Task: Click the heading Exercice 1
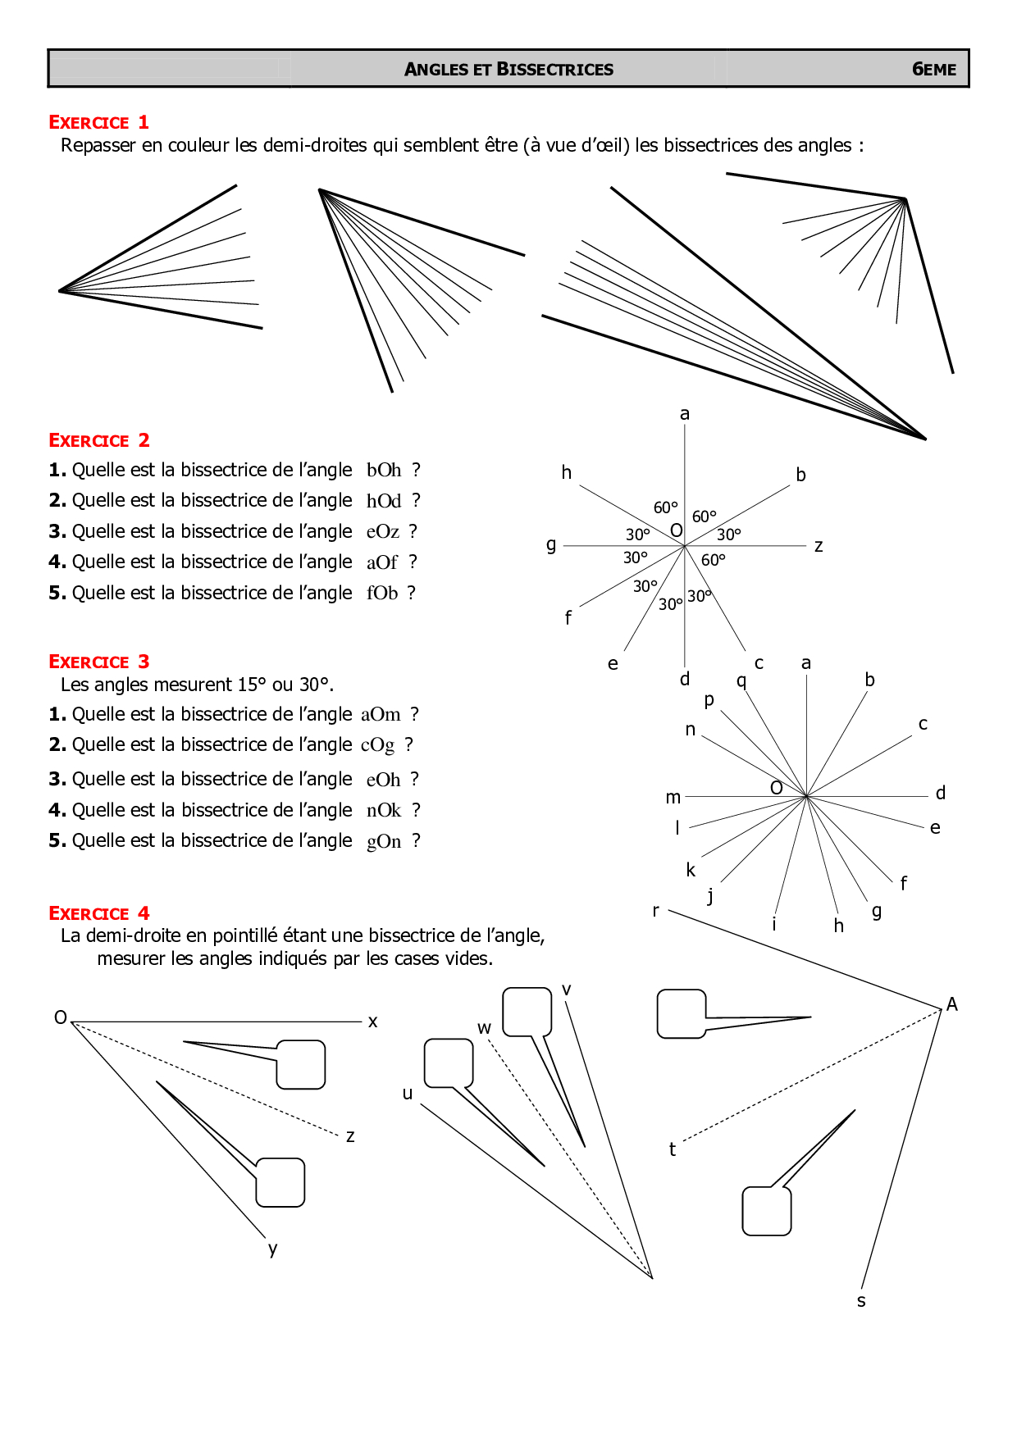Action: pos(98,123)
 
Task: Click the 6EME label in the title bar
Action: pos(933,70)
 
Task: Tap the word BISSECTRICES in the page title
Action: pos(554,70)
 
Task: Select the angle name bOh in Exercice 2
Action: pos(383,471)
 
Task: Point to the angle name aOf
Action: pos(381,562)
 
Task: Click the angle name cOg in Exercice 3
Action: pos(377,745)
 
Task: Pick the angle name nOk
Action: pos(383,811)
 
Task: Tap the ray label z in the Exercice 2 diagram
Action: pos(818,546)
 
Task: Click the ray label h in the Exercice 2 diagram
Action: pos(566,472)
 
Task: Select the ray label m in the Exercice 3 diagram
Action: pos(673,798)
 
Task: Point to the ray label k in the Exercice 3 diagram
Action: pos(691,870)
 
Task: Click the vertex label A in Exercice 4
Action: pos(951,1004)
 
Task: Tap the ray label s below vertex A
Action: pos(861,1301)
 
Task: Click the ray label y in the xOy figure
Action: pos(273,1249)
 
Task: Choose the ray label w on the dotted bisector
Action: pos(484,1028)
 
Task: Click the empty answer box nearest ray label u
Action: pos(449,1063)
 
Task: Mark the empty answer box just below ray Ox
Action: pos(301,1064)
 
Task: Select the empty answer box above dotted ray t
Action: pos(682,1013)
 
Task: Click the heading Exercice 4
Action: pos(98,913)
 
